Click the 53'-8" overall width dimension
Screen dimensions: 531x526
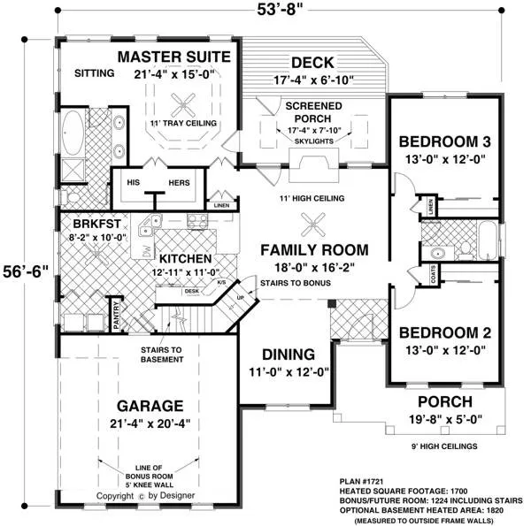(280, 10)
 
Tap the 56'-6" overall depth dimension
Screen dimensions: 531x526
(26, 271)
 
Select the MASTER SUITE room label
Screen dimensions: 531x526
(174, 57)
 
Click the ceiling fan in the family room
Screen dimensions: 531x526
(313, 225)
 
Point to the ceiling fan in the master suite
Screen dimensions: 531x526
(183, 105)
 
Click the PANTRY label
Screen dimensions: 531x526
(117, 316)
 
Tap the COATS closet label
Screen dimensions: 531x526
(434, 274)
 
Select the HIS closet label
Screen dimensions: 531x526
(133, 183)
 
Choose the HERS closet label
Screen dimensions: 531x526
(179, 183)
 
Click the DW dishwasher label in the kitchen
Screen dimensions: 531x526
(146, 251)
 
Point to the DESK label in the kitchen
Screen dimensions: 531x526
(192, 291)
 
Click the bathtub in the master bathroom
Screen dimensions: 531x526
(73, 133)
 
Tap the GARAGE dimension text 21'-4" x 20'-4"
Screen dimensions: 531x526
(150, 423)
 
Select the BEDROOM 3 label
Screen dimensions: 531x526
(444, 141)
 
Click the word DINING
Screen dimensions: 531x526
(289, 354)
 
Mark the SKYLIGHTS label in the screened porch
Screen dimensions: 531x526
(314, 141)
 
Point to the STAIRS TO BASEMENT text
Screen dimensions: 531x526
(162, 354)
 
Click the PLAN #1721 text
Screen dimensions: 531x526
(362, 481)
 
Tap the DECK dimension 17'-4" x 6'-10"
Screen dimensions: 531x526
(313, 80)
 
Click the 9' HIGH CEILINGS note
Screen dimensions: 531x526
(444, 446)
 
